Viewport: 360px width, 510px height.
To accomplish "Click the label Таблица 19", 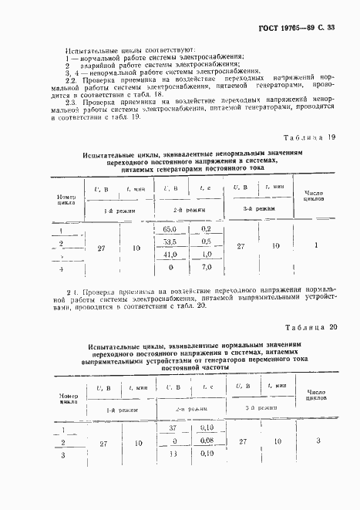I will [x=311, y=138].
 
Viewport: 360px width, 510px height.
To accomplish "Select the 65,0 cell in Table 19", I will [x=170, y=229].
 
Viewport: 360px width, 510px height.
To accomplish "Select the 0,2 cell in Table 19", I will [x=206, y=229].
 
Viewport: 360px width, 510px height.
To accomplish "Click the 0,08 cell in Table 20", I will [x=206, y=441].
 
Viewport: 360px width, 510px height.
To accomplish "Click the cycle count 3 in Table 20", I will [x=318, y=441].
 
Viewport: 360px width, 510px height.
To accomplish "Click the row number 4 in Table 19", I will [x=60, y=270].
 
